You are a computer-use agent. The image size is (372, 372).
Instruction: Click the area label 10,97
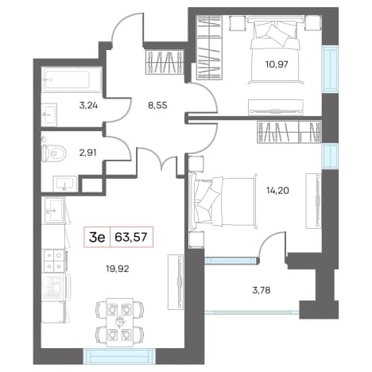coord(277,64)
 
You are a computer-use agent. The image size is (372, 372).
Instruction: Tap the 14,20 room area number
coord(277,190)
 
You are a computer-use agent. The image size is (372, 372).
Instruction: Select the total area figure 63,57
coord(131,237)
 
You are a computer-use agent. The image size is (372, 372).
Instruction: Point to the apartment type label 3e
coord(97,238)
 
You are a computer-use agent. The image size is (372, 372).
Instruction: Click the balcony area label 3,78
coord(262,290)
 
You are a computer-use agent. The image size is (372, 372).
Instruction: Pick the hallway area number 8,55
coord(157,106)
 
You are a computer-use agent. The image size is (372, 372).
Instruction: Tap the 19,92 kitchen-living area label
coord(118,269)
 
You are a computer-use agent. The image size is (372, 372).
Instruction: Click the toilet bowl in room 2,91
coord(54,153)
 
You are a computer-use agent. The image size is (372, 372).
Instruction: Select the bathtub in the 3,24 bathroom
coord(72,79)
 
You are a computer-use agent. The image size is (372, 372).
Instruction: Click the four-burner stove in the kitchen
coord(54,261)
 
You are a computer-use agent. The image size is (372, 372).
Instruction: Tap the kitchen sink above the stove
coord(54,211)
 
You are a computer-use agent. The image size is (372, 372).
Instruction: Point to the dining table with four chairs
coord(119,322)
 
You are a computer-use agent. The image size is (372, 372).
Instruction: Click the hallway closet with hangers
coord(165,62)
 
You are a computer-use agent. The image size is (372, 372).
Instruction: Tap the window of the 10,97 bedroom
coord(330,69)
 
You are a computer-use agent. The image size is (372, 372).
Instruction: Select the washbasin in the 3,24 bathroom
coord(49,114)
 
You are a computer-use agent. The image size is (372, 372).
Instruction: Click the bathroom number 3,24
coord(88,106)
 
